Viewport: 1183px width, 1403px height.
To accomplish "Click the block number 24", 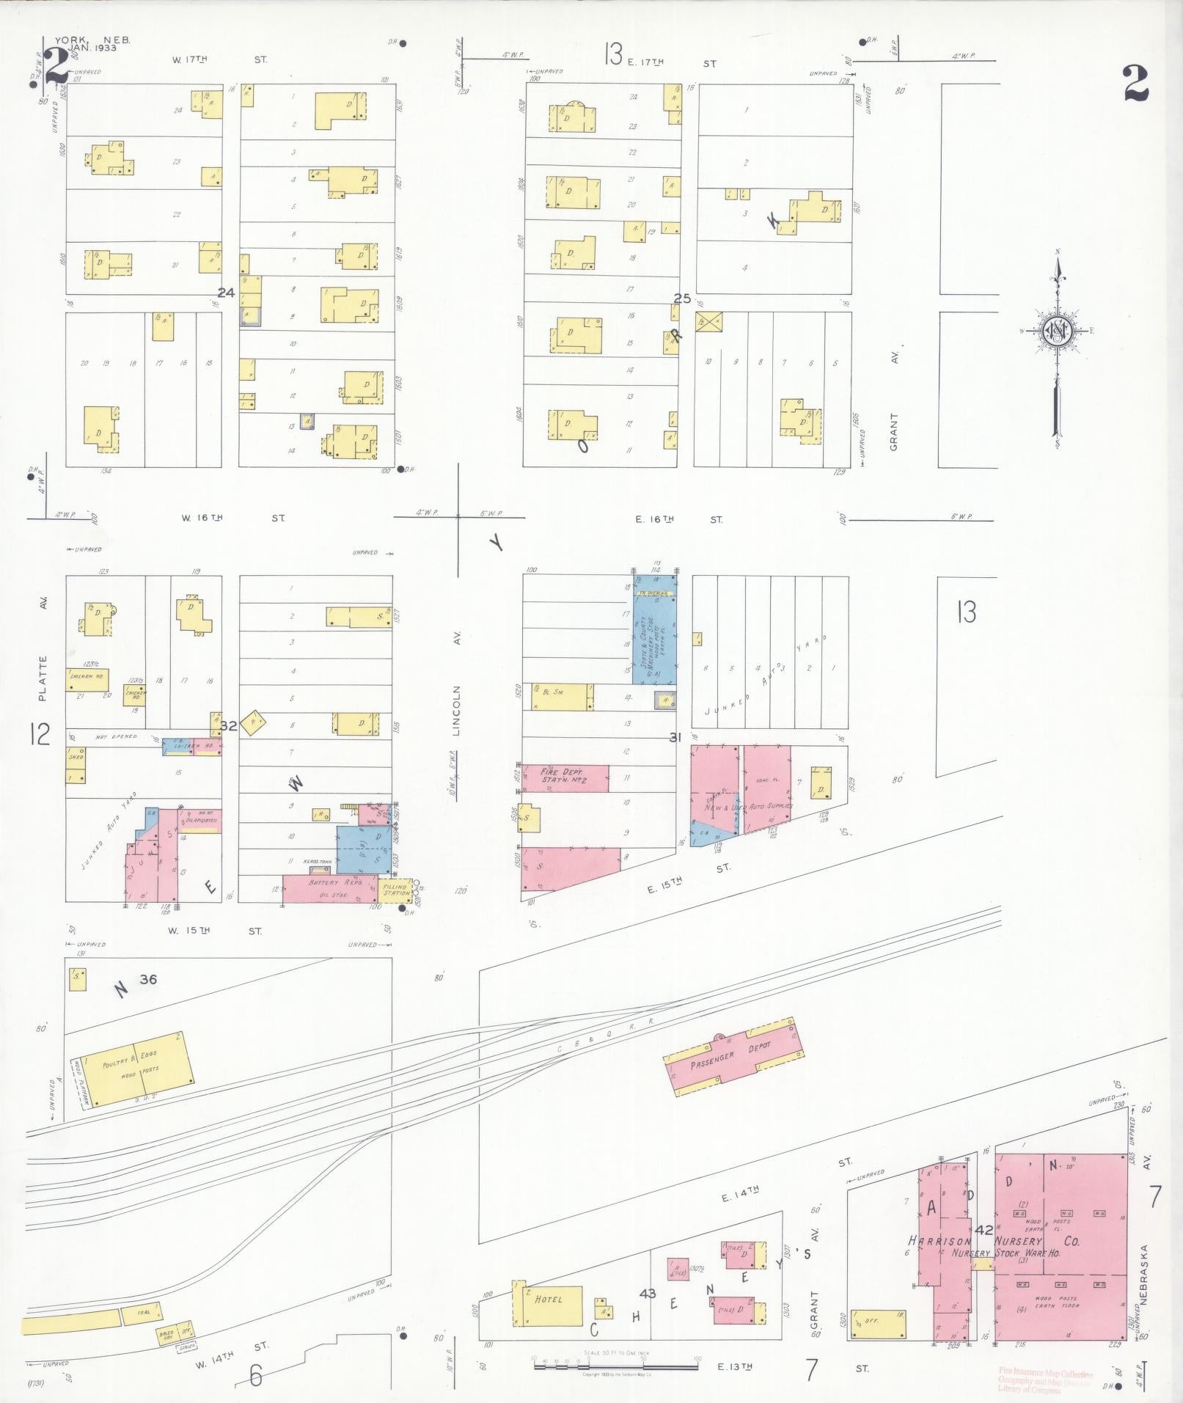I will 226,293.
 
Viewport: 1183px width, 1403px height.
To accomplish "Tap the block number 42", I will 984,1230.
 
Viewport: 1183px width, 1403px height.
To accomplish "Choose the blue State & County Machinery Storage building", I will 655,631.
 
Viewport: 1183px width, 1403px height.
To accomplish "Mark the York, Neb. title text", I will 92,45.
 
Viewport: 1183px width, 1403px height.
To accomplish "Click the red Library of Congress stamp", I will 1045,1379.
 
